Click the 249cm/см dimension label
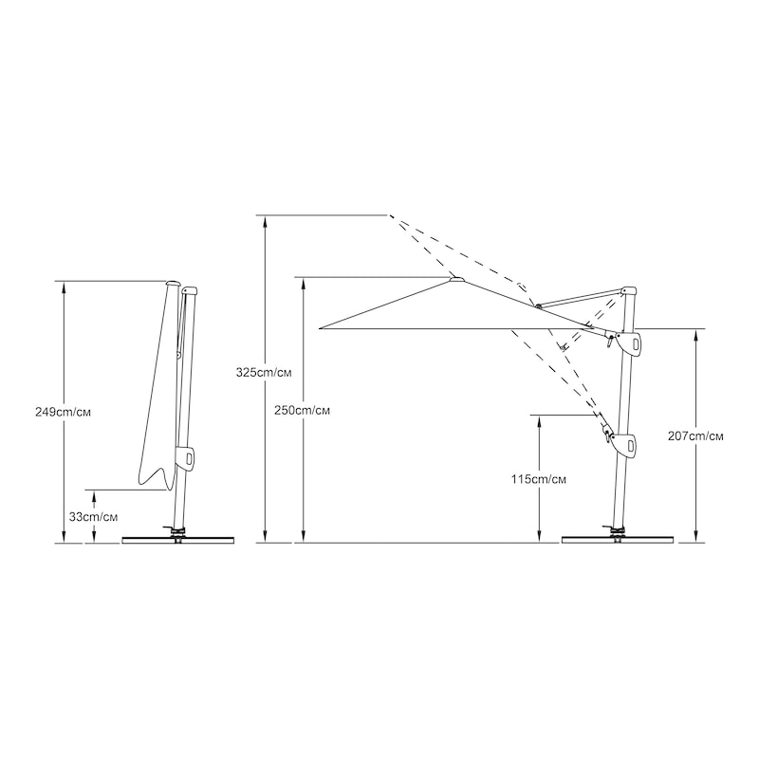click(63, 413)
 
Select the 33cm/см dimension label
click(93, 516)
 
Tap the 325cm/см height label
click(264, 373)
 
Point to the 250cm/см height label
click(302, 411)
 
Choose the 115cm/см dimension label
click(539, 479)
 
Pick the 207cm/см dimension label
click(695, 436)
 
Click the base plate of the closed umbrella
click(178, 540)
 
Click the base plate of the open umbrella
click(618, 539)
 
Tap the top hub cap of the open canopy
click(456, 279)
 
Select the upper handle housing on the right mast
click(629, 343)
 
